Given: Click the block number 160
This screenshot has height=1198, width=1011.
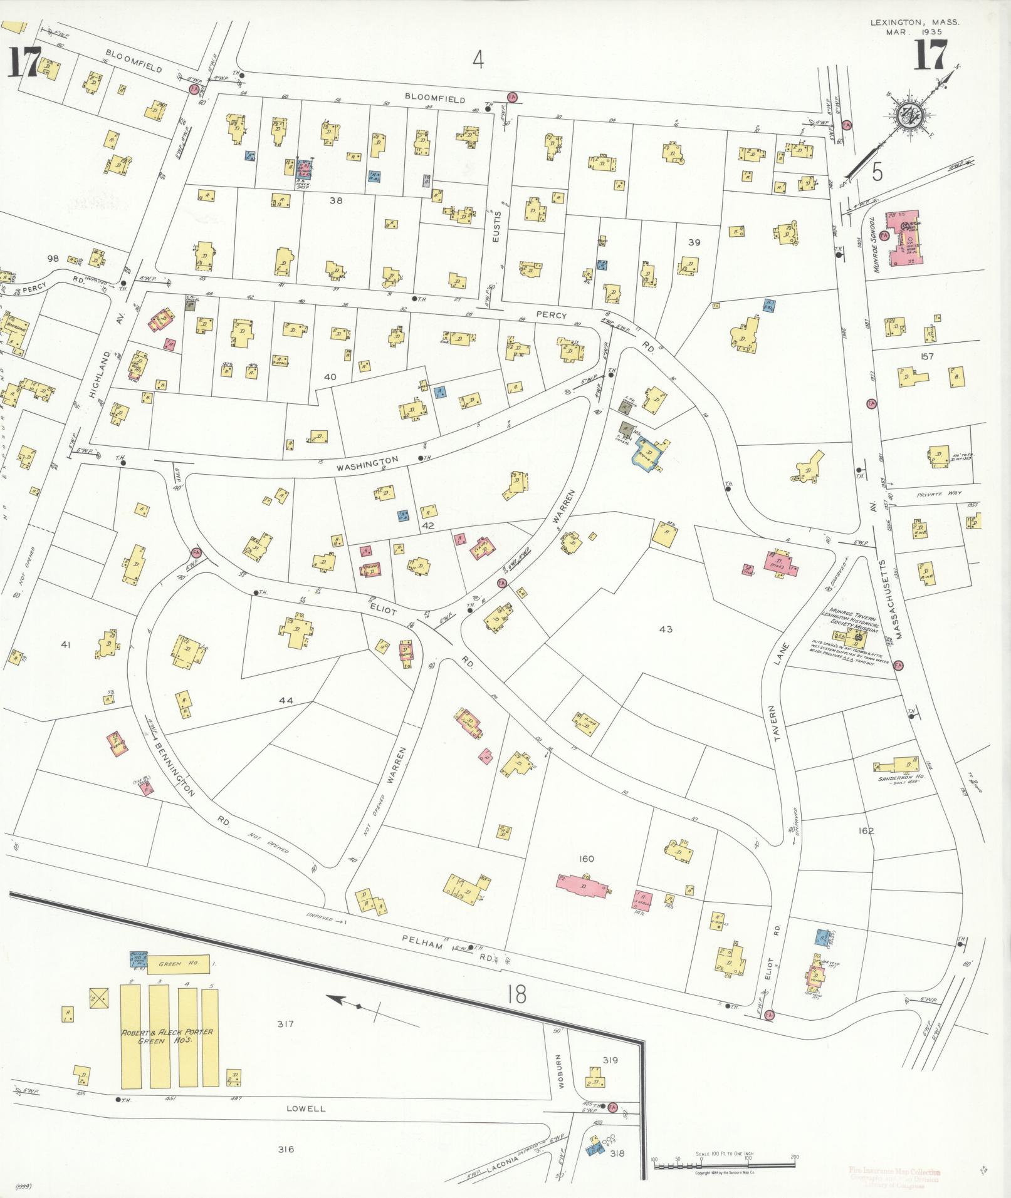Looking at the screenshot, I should point(587,859).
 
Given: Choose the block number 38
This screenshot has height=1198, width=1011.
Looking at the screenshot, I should point(337,201).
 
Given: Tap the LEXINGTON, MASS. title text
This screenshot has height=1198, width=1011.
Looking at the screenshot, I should point(914,22).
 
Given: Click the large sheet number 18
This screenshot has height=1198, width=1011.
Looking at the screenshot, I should point(517,994).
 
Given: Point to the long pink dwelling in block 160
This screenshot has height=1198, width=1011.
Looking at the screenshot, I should point(584,884).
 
